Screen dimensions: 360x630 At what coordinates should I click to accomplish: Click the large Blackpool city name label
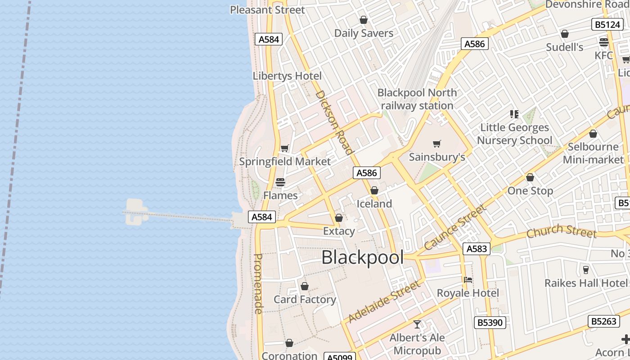[x=362, y=257]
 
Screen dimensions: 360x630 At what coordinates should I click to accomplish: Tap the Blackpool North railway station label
[x=417, y=99]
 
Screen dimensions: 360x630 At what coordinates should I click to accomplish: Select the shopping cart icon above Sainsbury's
[x=436, y=144]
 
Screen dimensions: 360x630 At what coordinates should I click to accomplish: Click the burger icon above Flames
[x=280, y=182]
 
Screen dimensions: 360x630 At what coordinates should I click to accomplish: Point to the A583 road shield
[x=476, y=249]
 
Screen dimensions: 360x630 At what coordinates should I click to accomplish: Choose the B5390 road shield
[x=490, y=323]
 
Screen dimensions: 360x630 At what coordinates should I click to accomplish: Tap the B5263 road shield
[x=604, y=321]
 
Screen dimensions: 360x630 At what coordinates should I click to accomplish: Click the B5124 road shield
[x=607, y=24]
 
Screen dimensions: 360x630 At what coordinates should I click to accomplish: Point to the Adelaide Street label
[x=384, y=301]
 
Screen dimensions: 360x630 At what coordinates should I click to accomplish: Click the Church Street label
[x=561, y=231]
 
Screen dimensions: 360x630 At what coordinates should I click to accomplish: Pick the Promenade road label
[x=258, y=283]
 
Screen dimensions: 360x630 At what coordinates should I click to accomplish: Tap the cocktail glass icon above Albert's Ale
[x=417, y=324]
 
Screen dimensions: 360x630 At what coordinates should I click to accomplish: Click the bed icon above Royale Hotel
[x=468, y=280]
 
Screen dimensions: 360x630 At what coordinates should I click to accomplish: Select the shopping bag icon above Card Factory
[x=305, y=286]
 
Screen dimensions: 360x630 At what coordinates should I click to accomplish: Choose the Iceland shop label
[x=374, y=204]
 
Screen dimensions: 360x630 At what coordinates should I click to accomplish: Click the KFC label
[x=603, y=55]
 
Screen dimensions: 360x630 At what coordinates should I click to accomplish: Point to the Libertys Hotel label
[x=287, y=76]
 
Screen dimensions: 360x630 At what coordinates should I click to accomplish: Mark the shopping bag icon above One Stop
[x=530, y=178]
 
